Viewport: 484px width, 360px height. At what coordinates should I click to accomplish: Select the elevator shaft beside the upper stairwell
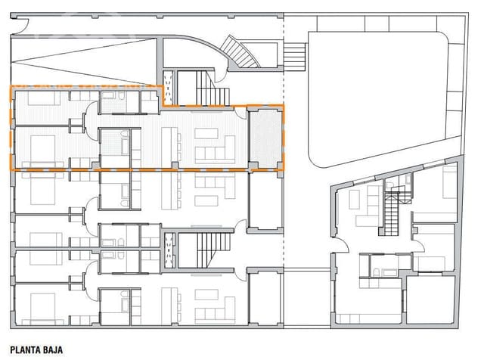(169, 87)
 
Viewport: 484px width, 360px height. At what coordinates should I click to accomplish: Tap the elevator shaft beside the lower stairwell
(169, 250)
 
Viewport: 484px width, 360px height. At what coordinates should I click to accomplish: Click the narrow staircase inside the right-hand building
(392, 212)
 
